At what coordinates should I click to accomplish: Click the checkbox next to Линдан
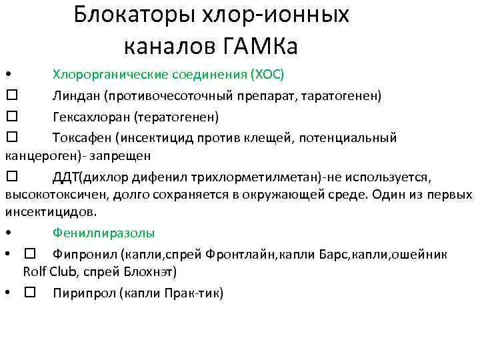[x=11, y=95]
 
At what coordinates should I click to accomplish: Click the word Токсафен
[x=83, y=138]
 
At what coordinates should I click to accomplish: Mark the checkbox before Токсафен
[x=11, y=138]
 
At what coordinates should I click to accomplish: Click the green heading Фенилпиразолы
[x=104, y=233]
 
